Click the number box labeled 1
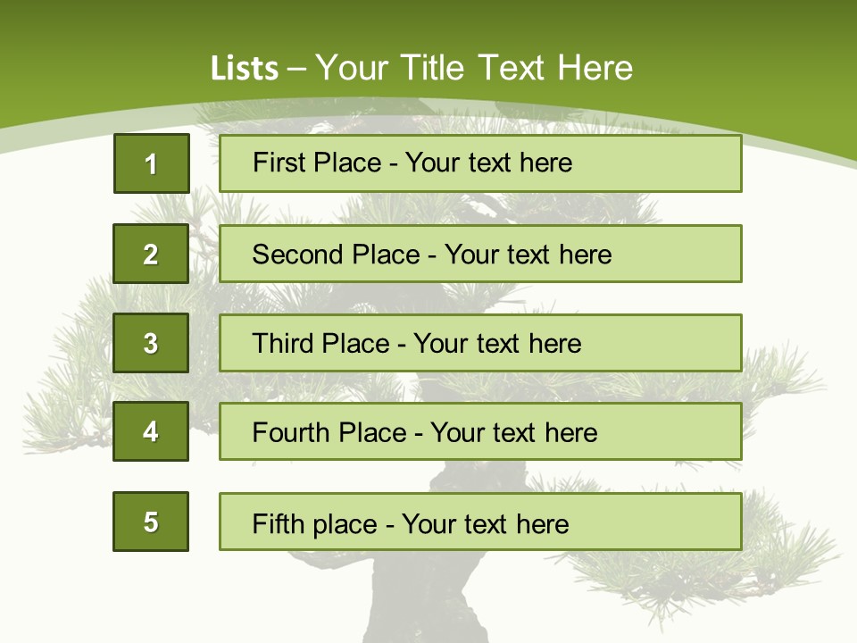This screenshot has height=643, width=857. coord(151,163)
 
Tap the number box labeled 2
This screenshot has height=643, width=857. coord(151,254)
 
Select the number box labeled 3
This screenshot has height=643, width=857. coord(151,343)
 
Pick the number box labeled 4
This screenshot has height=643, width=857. coord(151,431)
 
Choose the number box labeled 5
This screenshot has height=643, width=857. coord(151,522)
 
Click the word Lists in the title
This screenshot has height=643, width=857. coord(244,69)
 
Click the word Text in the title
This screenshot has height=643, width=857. coord(512,69)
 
